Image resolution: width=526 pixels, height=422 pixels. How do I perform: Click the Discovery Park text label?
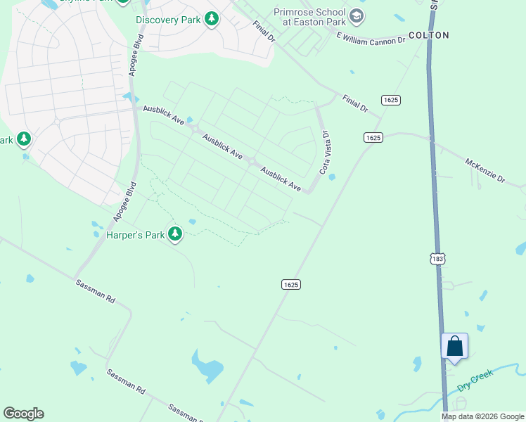[168, 20]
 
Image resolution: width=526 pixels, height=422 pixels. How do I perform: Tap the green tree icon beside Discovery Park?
[212, 20]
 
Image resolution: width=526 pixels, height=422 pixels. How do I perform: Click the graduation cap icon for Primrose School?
[357, 16]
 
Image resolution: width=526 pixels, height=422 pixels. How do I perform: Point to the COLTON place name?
[428, 34]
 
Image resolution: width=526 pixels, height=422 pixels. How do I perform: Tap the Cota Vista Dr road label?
[324, 152]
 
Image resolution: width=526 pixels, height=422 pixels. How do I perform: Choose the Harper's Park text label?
[135, 234]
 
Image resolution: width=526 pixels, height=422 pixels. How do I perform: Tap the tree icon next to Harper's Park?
[175, 234]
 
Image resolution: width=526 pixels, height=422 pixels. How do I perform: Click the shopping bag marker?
[454, 346]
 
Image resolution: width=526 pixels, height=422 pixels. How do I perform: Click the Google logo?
[23, 414]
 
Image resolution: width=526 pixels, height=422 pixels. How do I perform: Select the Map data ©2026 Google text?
[482, 416]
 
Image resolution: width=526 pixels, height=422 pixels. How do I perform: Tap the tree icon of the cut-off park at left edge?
[24, 139]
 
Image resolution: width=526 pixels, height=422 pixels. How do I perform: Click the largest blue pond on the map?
[207, 366]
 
